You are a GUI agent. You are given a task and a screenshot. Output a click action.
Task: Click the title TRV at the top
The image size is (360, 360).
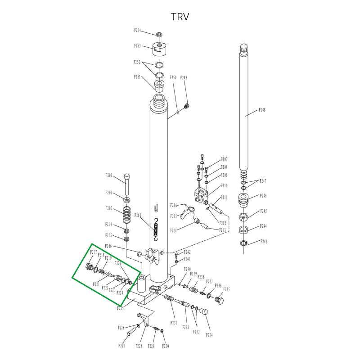180,17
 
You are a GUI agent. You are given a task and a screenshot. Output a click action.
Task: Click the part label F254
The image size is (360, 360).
138,31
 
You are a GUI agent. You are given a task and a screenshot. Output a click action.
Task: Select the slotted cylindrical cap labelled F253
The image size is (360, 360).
159,48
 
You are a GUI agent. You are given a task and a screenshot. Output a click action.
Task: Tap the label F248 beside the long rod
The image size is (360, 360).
262,110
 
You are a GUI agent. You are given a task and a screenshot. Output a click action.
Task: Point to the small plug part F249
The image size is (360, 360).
187,106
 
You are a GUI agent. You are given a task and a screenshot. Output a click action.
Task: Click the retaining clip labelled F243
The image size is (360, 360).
243,244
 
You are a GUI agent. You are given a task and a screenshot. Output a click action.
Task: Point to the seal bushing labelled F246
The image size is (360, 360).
243,200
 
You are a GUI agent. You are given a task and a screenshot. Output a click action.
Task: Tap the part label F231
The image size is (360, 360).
174,323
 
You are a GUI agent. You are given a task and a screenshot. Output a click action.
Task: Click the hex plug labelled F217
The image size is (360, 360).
89,267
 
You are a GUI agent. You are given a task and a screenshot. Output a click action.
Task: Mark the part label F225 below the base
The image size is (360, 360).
121,309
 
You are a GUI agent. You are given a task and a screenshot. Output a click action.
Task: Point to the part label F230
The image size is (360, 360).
166,346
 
